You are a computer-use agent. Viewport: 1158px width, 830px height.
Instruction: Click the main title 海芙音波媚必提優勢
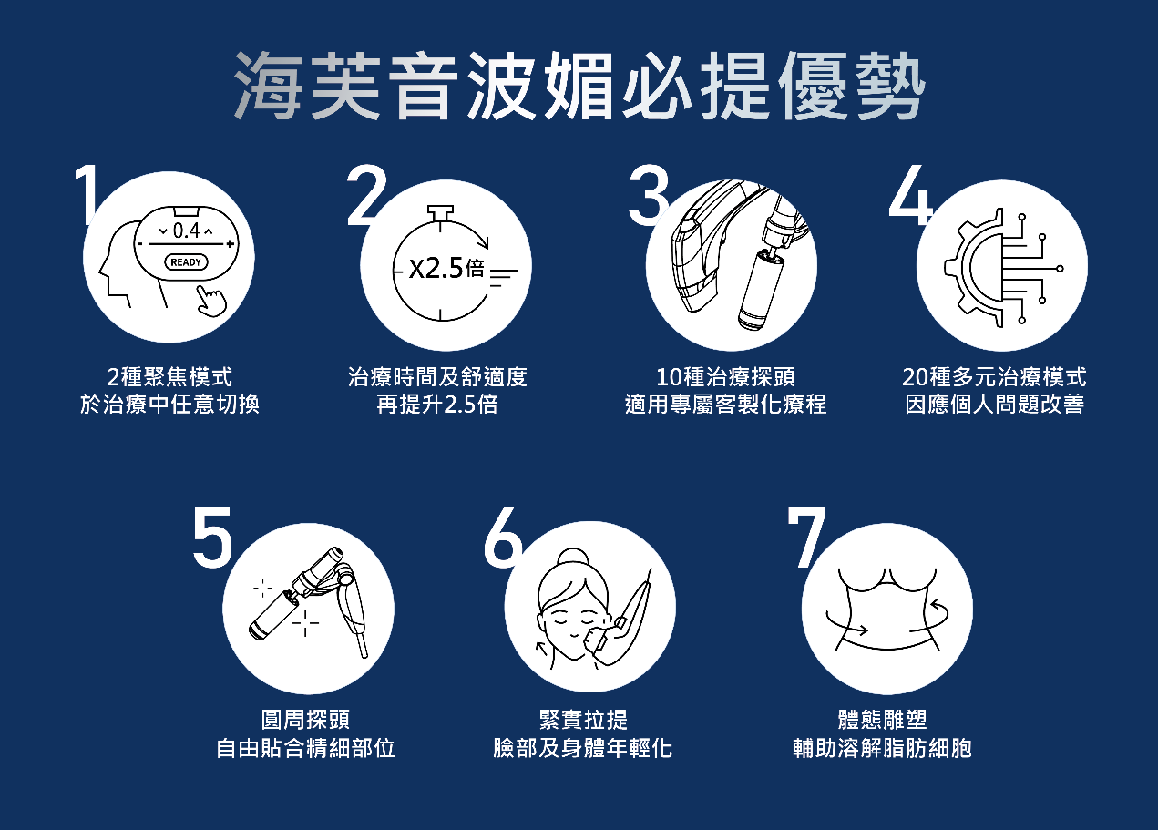(x=579, y=87)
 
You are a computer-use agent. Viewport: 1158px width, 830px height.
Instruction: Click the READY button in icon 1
(x=186, y=262)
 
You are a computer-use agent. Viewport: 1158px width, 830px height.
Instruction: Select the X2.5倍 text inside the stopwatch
(x=446, y=269)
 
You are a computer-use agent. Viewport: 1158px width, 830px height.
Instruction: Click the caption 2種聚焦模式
(x=169, y=377)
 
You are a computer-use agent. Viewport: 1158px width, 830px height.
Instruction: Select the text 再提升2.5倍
(x=437, y=405)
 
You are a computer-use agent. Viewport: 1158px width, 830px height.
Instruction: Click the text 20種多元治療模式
(x=994, y=377)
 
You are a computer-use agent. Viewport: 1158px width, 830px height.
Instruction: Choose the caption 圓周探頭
(x=305, y=720)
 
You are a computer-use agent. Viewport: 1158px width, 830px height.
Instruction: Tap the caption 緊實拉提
(x=583, y=720)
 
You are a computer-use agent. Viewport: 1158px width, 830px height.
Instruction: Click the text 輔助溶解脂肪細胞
(x=882, y=749)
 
